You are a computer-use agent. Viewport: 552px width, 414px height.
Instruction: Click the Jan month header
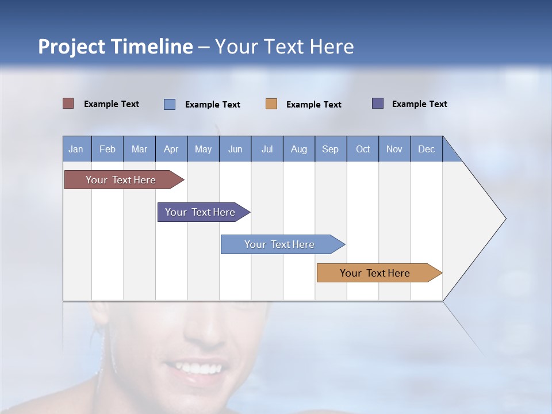coord(76,149)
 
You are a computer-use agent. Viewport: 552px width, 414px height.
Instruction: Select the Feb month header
coord(108,149)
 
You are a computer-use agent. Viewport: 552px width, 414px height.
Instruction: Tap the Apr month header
coord(171,149)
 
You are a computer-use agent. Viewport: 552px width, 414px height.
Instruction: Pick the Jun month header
coord(235,149)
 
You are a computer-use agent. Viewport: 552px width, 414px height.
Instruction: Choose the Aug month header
coord(298,149)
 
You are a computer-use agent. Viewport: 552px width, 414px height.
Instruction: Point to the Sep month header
coord(330,149)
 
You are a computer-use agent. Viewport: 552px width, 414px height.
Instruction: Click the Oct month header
coord(363,149)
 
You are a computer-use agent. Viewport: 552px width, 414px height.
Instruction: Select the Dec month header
coord(426,149)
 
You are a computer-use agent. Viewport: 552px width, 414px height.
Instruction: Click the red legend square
coord(68,103)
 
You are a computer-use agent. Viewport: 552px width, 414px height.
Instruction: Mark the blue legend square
coord(170,104)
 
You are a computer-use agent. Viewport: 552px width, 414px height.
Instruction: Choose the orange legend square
coord(271,104)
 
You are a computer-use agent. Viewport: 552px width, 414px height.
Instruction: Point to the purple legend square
coord(378,103)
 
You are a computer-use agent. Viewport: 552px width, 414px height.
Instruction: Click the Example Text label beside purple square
coord(419,104)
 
